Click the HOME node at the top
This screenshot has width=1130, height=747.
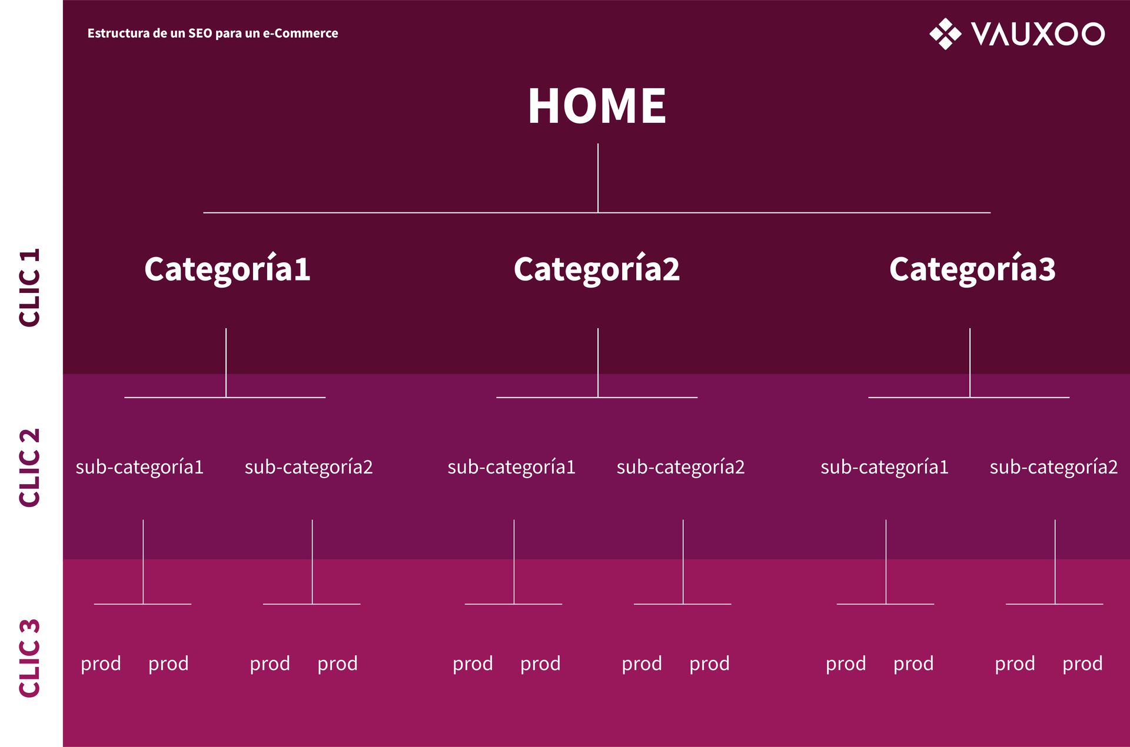click(597, 106)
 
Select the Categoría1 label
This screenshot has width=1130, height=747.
click(227, 269)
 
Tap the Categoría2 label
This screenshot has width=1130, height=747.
click(597, 269)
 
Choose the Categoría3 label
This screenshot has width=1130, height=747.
click(972, 269)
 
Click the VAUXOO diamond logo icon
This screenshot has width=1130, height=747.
click(945, 34)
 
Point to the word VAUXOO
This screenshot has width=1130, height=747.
click(1038, 34)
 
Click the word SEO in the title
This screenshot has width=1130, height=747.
click(200, 34)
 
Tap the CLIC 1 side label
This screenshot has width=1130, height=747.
click(29, 288)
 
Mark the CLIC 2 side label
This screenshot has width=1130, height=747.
click(29, 467)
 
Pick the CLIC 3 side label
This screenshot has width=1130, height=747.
click(29, 658)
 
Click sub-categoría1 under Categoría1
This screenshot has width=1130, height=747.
click(139, 467)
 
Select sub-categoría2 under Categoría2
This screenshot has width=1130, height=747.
click(680, 467)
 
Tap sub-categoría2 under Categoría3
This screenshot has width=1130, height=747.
click(1053, 467)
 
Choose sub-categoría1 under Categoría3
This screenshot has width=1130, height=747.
click(885, 467)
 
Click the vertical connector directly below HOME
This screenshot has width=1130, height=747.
click(598, 178)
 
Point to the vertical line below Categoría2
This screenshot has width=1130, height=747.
click(598, 362)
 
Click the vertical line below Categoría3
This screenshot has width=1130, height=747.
click(970, 362)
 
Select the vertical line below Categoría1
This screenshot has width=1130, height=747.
click(226, 362)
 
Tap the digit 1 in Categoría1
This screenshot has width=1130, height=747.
click(302, 269)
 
